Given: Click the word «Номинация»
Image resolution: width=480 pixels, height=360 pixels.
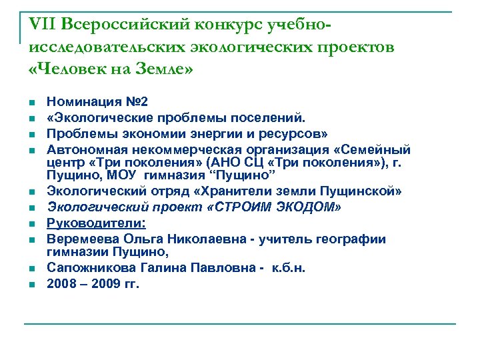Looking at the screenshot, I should (x=85, y=103).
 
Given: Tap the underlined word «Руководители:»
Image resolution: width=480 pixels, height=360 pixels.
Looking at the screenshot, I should (x=96, y=223).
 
